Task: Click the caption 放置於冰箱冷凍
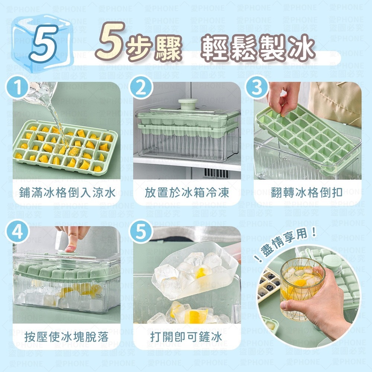pyautogui.click(x=187, y=193)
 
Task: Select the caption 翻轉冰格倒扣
pyautogui.click(x=307, y=193)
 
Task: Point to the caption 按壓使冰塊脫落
pyautogui.click(x=67, y=337)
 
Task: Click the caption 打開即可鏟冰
pyautogui.click(x=186, y=337)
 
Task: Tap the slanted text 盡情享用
pyautogui.click(x=287, y=244)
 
